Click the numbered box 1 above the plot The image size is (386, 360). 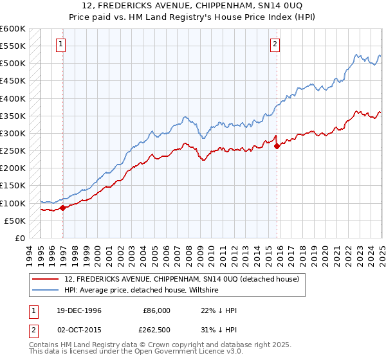pyautogui.click(x=60, y=44)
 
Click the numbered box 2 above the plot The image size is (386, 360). pyautogui.click(x=275, y=44)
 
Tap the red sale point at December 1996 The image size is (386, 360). pyautogui.click(x=63, y=208)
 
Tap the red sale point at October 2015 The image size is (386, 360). pyautogui.click(x=277, y=146)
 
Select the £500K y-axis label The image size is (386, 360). pyautogui.click(x=13, y=64)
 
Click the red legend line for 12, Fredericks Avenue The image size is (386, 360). pyautogui.click(x=45, y=280)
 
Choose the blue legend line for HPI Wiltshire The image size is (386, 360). pyautogui.click(x=45, y=291)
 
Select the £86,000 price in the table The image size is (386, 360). pyautogui.click(x=156, y=310)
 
